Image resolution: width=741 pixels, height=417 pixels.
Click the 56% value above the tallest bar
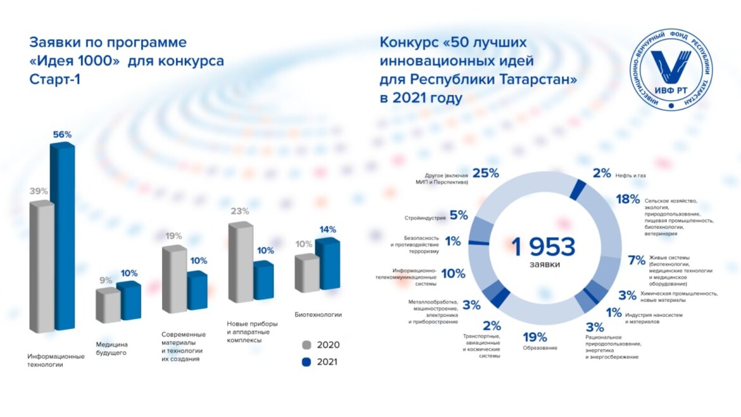[62, 134]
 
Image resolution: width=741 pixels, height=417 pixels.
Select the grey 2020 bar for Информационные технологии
[41, 266]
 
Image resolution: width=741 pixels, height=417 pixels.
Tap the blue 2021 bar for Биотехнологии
[327, 266]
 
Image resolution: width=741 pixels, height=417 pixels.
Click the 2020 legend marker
[307, 345]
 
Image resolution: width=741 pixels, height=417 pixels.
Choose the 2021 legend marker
[307, 362]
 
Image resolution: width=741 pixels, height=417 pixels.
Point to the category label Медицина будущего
[111, 349]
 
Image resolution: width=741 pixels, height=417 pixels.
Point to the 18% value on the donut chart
[628, 200]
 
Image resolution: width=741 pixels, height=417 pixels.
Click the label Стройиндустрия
[424, 218]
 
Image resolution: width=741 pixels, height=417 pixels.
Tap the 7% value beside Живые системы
[636, 260]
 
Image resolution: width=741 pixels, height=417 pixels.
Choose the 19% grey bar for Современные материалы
[174, 279]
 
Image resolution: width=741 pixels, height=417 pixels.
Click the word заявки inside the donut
[545, 264]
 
